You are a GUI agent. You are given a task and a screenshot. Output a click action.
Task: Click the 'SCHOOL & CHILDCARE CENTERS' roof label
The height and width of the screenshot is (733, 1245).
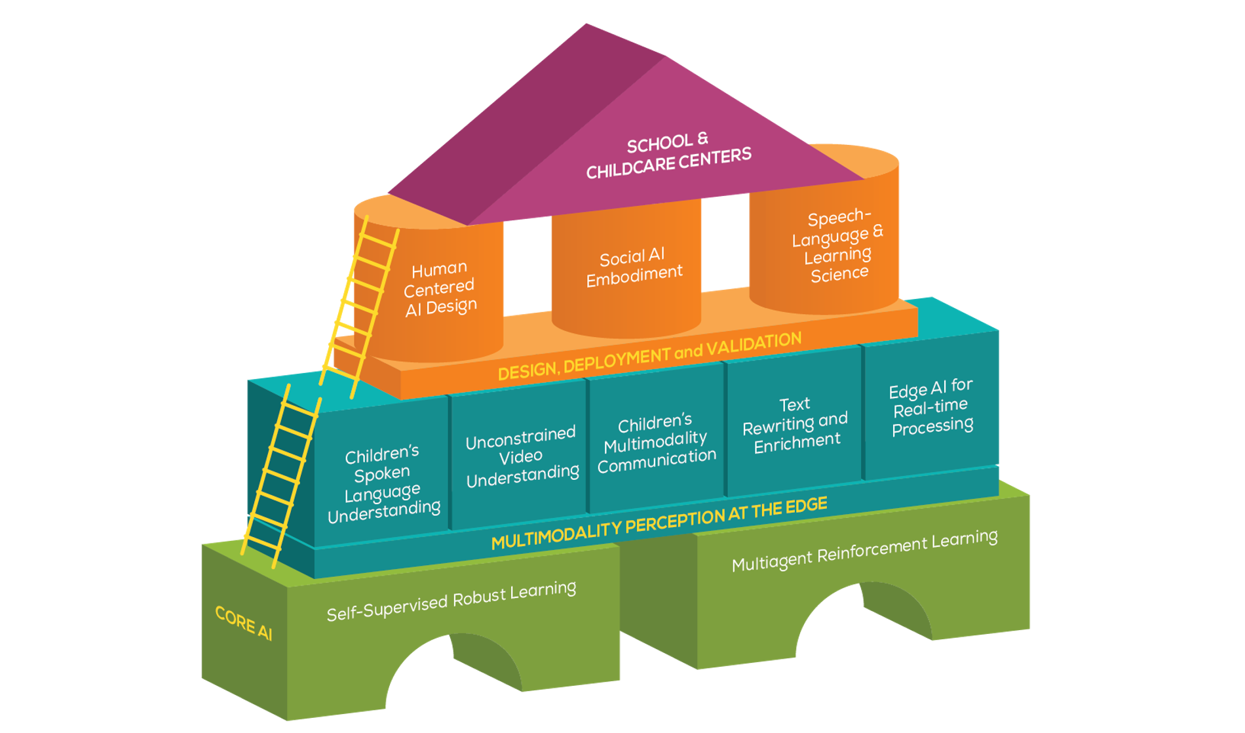click(668, 155)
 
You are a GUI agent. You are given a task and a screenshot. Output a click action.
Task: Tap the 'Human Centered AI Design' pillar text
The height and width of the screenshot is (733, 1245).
click(440, 288)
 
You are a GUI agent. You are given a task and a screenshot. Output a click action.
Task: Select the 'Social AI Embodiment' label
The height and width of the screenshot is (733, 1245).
click(634, 267)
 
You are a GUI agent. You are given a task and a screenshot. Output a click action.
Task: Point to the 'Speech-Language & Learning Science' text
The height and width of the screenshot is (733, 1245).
click(838, 245)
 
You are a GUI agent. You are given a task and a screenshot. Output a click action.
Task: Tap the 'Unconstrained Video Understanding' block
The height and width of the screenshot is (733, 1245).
click(522, 456)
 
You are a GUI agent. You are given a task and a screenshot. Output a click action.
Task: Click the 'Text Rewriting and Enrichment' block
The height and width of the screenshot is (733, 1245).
click(795, 426)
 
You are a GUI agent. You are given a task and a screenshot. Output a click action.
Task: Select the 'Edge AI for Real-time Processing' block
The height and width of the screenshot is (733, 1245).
click(931, 407)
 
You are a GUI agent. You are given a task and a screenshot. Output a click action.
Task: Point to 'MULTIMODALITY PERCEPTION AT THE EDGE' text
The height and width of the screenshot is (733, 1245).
click(659, 523)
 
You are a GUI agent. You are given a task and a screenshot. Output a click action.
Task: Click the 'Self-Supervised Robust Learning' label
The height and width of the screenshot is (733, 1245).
click(451, 601)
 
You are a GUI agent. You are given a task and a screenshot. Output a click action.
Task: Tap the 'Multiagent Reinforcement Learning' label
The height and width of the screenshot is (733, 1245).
click(864, 551)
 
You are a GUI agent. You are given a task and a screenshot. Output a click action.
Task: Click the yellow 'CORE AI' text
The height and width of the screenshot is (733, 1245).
click(243, 622)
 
